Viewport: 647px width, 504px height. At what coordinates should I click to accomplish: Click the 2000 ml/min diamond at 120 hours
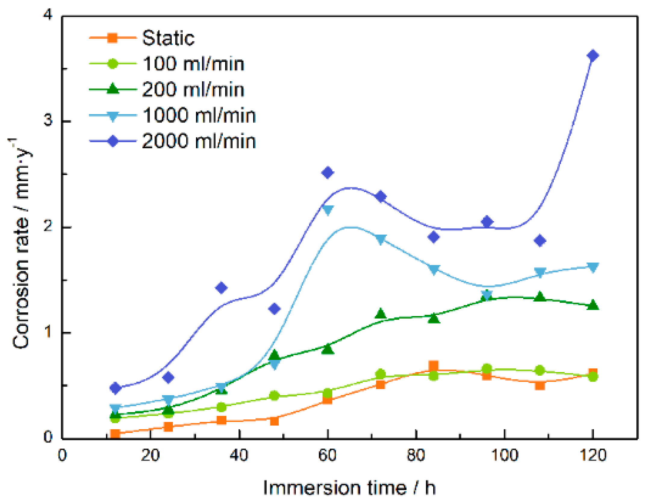click(593, 56)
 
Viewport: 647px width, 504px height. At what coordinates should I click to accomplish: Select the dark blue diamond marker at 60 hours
click(328, 173)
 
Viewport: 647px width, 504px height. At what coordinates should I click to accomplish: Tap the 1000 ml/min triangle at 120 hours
click(593, 267)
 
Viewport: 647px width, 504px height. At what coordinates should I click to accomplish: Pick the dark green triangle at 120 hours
click(593, 305)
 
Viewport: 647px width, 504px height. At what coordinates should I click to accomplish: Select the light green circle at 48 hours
click(274, 396)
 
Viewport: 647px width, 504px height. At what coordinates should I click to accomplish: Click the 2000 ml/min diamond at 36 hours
click(221, 288)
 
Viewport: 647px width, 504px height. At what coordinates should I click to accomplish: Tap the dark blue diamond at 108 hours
click(540, 240)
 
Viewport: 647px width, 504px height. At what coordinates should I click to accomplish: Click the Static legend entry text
click(168, 38)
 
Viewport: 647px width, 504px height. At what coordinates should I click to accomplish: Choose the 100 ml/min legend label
click(193, 64)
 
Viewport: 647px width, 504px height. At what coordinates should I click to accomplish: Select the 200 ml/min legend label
click(193, 89)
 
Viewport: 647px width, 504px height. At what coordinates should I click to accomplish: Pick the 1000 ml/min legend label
click(199, 115)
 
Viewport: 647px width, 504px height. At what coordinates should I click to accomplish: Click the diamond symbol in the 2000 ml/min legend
click(113, 141)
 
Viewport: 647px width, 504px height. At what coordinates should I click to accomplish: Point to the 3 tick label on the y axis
click(48, 121)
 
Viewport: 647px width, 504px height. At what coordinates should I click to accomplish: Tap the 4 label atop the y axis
click(48, 14)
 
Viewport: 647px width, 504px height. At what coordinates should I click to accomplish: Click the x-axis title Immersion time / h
click(349, 488)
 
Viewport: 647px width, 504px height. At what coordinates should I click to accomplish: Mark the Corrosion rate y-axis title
click(21, 244)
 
